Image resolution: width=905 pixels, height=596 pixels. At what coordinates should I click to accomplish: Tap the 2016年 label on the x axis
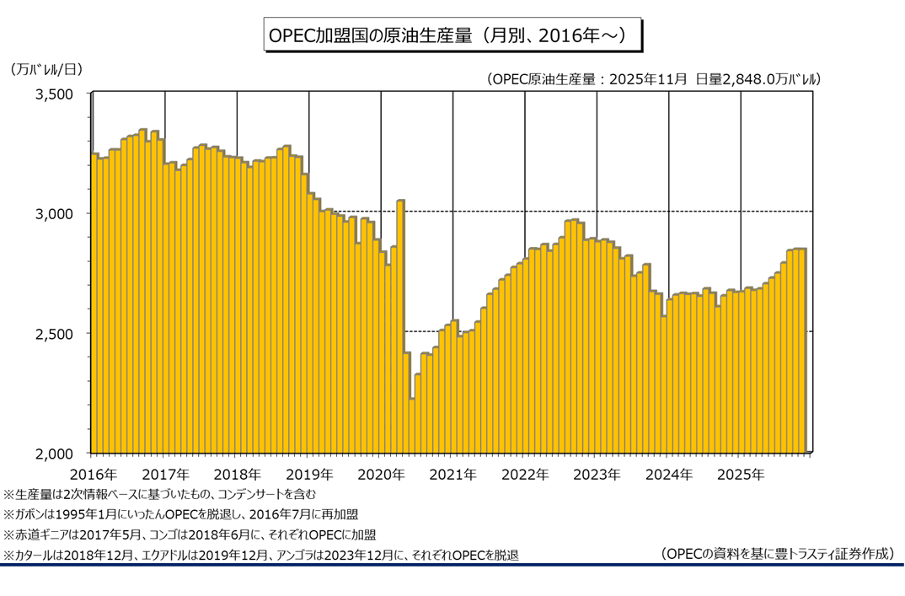click(93, 474)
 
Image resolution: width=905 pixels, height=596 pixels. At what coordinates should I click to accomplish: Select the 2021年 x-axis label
click(452, 474)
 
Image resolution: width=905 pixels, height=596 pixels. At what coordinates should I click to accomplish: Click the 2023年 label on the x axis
click(597, 474)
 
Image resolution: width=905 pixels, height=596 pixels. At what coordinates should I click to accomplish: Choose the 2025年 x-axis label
click(740, 474)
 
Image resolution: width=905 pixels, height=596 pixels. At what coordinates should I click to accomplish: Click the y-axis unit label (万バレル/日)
click(48, 70)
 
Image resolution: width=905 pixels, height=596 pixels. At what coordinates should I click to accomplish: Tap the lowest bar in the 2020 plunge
click(412, 426)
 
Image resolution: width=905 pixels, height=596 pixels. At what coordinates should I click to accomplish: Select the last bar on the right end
click(803, 351)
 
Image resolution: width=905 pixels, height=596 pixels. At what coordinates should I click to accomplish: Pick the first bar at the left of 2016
click(94, 303)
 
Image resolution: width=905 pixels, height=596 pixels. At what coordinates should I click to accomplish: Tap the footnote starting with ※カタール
click(261, 555)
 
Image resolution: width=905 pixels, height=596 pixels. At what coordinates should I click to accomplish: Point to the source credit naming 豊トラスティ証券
click(777, 554)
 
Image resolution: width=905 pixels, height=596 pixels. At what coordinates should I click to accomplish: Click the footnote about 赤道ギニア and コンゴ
click(190, 534)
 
